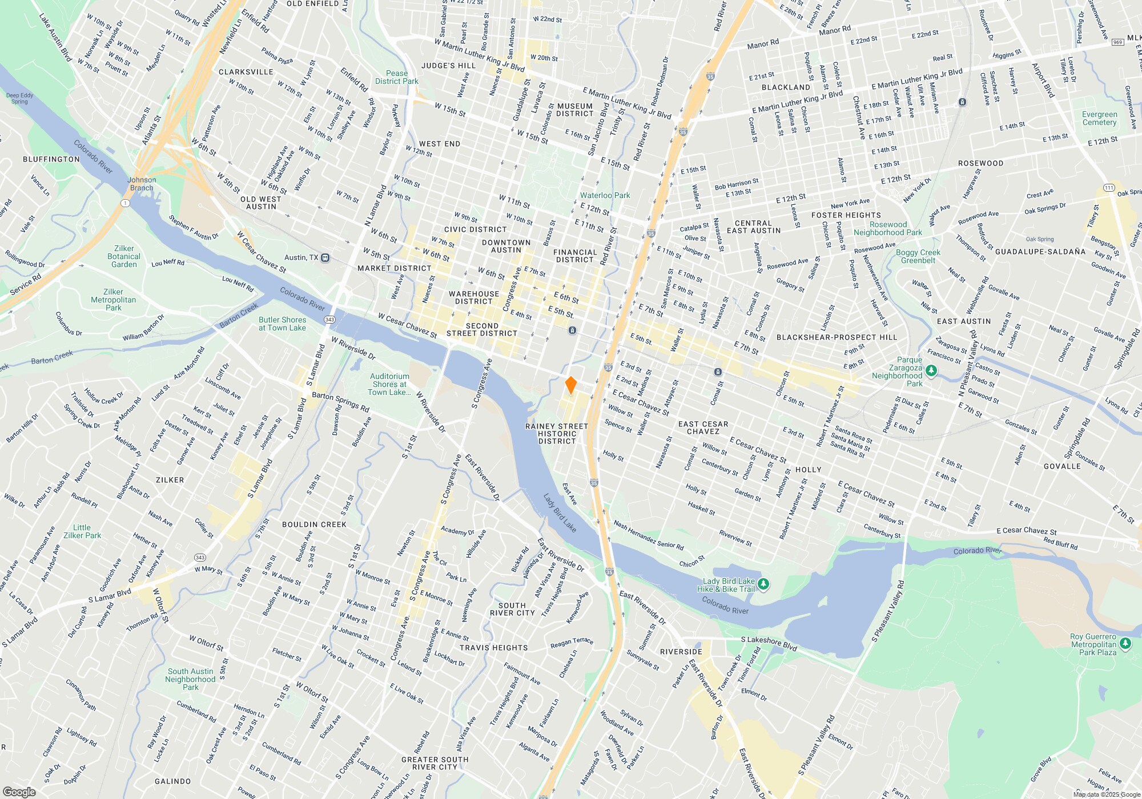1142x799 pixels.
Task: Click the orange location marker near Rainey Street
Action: click(570, 385)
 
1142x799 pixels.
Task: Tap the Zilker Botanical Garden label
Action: click(124, 256)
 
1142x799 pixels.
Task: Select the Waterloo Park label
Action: click(605, 195)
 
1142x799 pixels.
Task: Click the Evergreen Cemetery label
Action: click(1099, 118)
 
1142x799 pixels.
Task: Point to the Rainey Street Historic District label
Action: click(557, 434)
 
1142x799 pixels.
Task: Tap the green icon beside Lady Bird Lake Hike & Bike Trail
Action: click(764, 584)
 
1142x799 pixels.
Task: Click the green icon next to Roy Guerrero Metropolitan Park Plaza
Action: click(1125, 644)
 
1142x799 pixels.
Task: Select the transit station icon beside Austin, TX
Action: click(325, 257)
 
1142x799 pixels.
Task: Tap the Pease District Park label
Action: click(397, 77)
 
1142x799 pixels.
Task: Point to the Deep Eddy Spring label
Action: click(20, 98)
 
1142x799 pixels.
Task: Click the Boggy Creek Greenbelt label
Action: click(918, 256)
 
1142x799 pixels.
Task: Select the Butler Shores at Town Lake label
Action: click(282, 324)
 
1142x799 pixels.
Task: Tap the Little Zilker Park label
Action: click(82, 531)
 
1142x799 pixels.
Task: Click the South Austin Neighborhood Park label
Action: click(190, 679)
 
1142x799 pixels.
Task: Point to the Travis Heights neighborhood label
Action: click(493, 648)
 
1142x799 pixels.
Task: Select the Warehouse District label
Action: click(474, 297)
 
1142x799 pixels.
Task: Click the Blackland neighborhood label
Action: click(786, 87)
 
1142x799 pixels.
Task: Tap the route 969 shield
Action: click(1118, 42)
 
